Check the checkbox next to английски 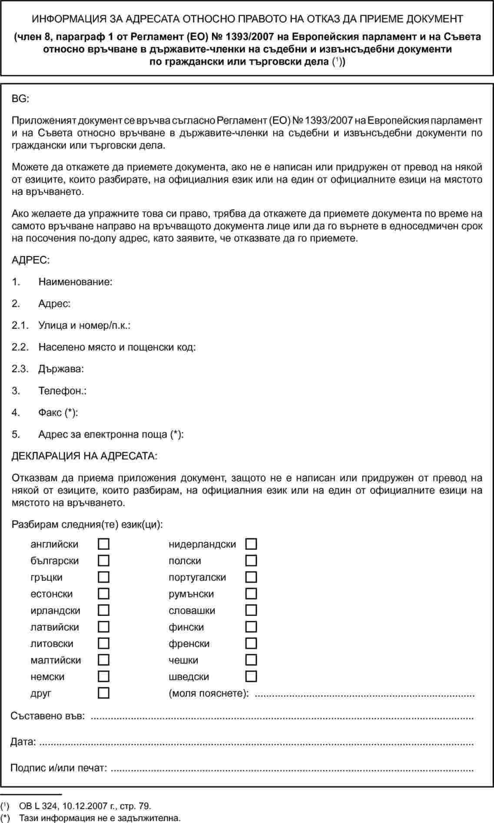pos(103,544)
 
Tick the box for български pos(103,561)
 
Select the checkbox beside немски pos(103,676)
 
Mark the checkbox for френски pos(251,643)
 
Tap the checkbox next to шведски pos(251,676)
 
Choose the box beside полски pos(251,561)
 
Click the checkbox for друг pos(103,693)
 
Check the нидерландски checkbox pos(251,544)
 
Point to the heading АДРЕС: pos(30,260)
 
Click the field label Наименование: pos(76,282)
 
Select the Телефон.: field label pos(62,391)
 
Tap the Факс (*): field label pos(58,412)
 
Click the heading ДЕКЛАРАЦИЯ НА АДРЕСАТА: pos(84,456)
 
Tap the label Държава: pos(61,369)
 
